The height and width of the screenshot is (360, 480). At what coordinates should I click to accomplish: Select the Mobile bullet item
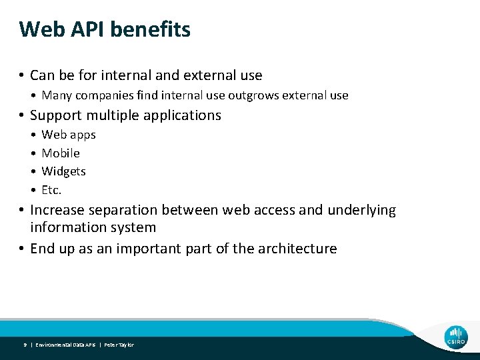pyautogui.click(x=61, y=153)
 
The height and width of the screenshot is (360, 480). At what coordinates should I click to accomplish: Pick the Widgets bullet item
pyautogui.click(x=63, y=171)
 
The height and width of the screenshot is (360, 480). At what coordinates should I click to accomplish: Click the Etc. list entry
pyautogui.click(x=51, y=190)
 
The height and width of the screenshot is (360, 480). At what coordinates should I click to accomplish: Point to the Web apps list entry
pyautogui.click(x=69, y=135)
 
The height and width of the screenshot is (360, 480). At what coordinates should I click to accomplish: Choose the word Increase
pyautogui.click(x=58, y=211)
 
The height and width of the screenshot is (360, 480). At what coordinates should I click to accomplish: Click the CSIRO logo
pyautogui.click(x=457, y=337)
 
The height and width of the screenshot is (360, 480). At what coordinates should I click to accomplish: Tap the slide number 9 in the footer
pyautogui.click(x=25, y=345)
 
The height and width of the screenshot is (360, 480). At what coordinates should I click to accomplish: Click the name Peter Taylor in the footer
pyautogui.click(x=119, y=345)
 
